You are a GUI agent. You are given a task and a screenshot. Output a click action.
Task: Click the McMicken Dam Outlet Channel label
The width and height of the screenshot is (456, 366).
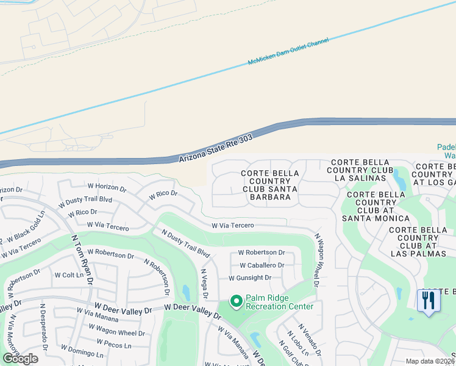[288, 52]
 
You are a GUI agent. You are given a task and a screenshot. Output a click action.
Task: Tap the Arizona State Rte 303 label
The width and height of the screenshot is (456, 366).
[216, 149]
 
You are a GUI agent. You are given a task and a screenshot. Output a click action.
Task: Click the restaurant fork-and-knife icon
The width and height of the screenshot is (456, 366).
[429, 301]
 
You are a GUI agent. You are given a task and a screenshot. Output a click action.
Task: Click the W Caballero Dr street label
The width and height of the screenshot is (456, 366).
[262, 265]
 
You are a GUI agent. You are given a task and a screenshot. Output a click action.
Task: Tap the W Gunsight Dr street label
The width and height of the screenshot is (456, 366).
[249, 278]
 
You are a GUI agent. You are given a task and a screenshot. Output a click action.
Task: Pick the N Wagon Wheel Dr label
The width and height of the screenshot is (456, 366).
[317, 259]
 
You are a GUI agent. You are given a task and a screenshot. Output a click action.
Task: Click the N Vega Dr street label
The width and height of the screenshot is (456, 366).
[204, 284]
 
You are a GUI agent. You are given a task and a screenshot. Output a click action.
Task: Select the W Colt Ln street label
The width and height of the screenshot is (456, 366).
[68, 275]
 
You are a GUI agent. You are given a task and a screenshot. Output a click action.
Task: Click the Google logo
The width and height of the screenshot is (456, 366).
[20, 359]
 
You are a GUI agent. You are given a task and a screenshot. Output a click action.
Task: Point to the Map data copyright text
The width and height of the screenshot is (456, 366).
[430, 361]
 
